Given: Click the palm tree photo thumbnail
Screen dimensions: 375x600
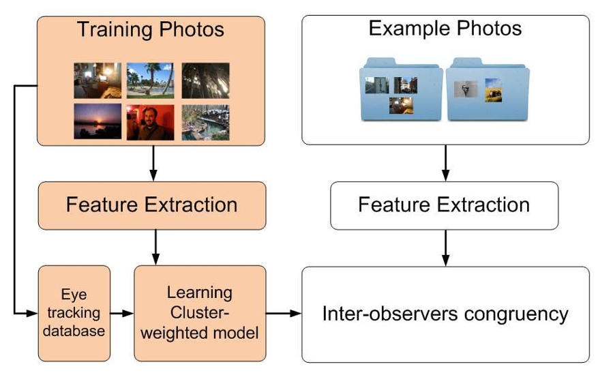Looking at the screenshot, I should [150, 80].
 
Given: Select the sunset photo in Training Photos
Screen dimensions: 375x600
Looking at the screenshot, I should [97, 121].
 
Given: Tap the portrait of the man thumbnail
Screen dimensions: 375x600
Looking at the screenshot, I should [150, 121].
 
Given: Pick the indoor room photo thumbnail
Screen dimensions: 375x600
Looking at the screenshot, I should [97, 80].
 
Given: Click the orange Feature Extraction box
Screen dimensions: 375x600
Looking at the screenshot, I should [151, 205].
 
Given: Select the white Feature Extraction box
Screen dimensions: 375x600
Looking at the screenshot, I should [444, 205].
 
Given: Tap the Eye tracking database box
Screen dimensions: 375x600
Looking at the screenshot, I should [74, 313].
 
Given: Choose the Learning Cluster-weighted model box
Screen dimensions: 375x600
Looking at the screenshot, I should [199, 313].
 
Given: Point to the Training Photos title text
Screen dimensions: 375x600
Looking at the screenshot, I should [150, 30].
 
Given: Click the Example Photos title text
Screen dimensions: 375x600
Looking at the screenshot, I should [445, 29].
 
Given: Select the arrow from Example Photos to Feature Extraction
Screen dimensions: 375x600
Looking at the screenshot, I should [445, 163].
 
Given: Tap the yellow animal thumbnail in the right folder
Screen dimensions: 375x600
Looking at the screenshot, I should [493, 89].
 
